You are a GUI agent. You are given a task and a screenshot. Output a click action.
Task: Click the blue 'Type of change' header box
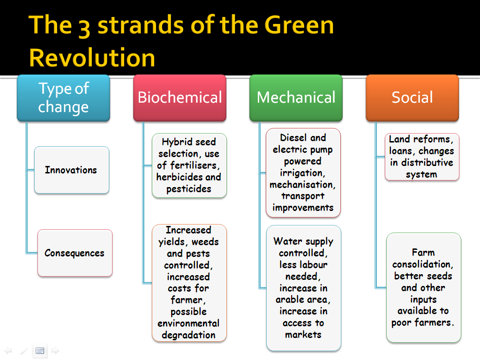[63, 98]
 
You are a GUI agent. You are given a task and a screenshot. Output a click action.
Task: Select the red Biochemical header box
[180, 98]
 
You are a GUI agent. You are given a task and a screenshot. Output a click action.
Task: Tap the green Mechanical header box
[296, 98]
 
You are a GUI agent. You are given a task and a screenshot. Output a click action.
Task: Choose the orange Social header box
[412, 98]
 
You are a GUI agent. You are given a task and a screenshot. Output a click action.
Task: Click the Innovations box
[72, 170]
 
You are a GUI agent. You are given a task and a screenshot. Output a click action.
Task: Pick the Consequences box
[75, 253]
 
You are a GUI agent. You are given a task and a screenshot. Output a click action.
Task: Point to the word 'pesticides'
[188, 189]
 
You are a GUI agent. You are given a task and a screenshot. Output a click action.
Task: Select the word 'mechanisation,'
[302, 185]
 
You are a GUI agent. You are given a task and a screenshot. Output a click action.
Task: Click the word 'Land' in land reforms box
[399, 139]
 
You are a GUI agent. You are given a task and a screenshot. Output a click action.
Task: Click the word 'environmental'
[188, 323]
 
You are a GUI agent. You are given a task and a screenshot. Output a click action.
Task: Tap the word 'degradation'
[188, 335]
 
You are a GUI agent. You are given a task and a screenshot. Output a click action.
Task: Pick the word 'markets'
[303, 335]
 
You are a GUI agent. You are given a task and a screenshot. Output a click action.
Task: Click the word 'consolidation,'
[423, 264]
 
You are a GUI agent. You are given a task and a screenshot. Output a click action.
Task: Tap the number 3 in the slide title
[84, 28]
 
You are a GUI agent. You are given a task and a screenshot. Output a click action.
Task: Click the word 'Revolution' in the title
[92, 58]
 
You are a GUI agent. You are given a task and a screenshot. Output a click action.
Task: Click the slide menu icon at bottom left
[40, 351]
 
